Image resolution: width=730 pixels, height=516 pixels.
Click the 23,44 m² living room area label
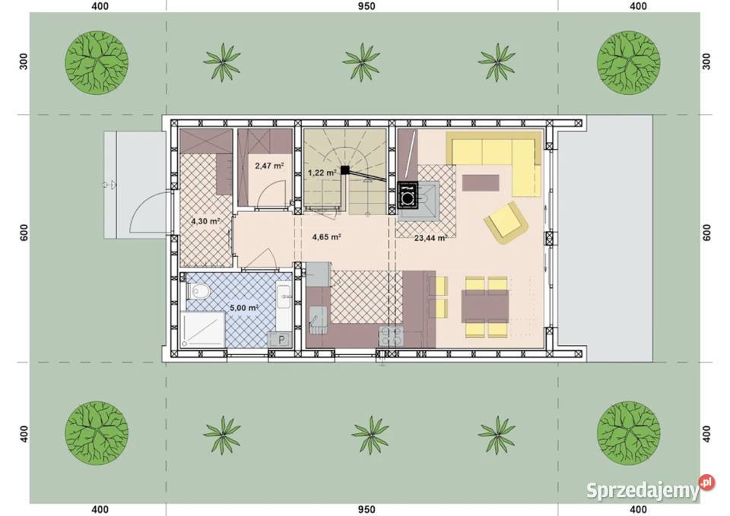pos(430,238)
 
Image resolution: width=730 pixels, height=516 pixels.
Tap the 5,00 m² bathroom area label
pos(244,308)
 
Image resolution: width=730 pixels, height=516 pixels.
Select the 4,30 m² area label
pos(205,221)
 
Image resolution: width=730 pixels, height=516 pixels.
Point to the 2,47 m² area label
pos(269,165)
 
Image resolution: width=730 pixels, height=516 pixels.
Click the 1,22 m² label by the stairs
pos(322,173)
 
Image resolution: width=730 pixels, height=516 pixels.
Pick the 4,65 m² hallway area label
pos(327,237)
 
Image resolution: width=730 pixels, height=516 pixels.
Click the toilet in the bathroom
pos(198,292)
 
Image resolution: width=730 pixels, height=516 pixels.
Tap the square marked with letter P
pos(281,340)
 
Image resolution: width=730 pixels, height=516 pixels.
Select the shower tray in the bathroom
pos(202,329)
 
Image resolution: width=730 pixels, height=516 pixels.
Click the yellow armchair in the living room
pos(506,223)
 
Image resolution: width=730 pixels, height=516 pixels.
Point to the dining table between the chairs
pos(484,306)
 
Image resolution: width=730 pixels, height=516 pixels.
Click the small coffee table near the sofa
pos(481,182)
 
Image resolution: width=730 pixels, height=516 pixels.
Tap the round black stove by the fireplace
pos(408,198)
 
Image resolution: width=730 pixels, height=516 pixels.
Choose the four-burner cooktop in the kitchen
pos(391,336)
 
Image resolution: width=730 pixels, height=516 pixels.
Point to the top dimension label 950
pos(367,7)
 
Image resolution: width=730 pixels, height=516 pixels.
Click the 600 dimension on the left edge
pos(24,233)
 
